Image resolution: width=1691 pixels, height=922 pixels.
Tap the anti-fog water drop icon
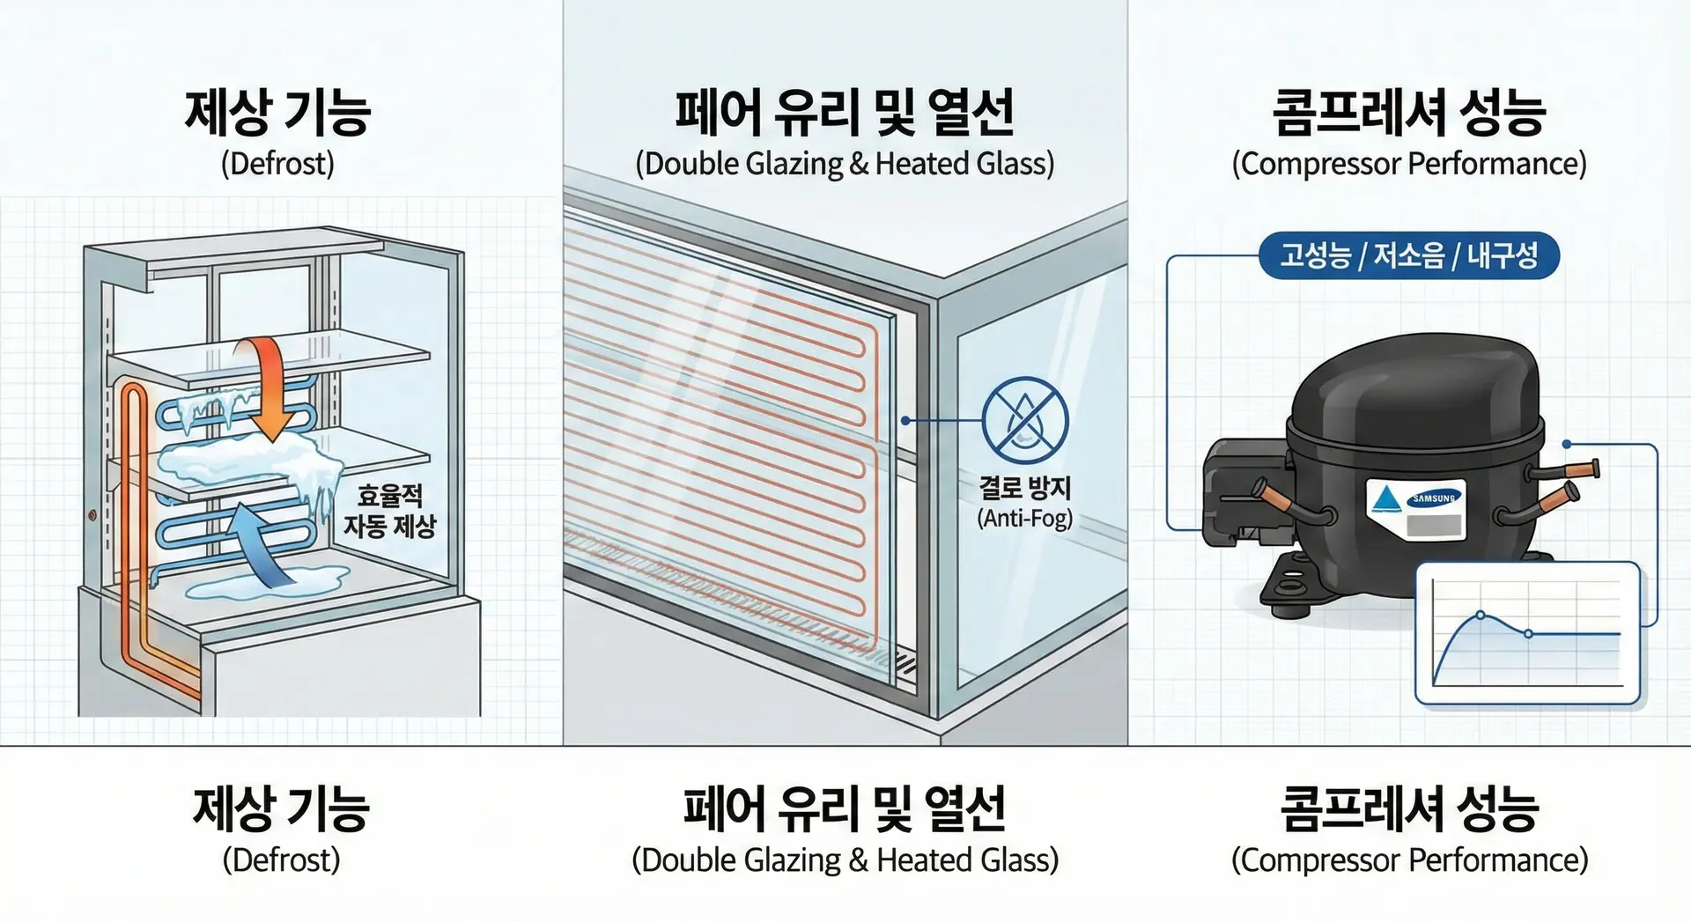[1025, 421]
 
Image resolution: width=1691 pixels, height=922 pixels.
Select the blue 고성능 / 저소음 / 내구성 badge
[1408, 255]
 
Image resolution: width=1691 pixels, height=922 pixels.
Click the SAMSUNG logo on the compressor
[1433, 498]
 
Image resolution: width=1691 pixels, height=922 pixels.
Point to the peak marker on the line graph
[1481, 615]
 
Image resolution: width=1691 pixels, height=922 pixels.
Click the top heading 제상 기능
[277, 112]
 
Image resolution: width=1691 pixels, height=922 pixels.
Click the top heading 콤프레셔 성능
[1409, 112]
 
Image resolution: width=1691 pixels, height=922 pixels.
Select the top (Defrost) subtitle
[277, 164]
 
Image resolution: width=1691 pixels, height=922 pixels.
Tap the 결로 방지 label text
[1025, 487]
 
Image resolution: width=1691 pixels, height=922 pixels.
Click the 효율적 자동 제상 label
[389, 511]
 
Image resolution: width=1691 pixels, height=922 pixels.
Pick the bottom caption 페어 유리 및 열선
[845, 808]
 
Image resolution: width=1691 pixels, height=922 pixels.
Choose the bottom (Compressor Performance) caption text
[1409, 859]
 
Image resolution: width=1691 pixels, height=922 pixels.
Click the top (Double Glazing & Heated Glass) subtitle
[845, 164]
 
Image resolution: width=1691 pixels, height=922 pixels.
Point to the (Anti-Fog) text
[1025, 518]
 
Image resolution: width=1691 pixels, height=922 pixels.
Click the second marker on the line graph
[1528, 634]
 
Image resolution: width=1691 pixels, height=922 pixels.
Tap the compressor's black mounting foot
[1295, 586]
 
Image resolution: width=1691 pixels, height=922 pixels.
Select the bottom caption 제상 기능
[281, 808]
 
